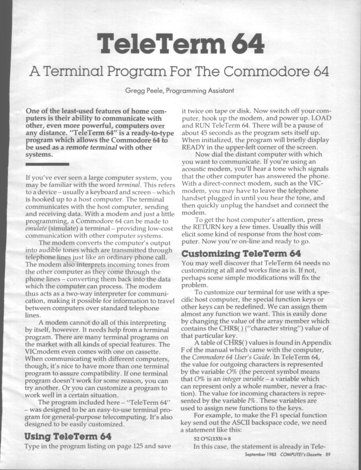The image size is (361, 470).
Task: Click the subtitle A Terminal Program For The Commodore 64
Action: point(180,71)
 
